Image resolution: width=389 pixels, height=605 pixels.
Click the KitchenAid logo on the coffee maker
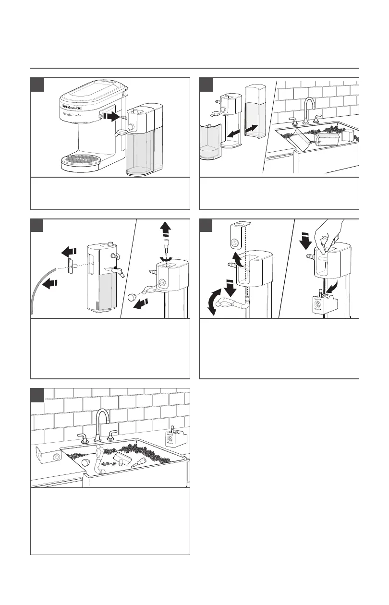click(73, 107)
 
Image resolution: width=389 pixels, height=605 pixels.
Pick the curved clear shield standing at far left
click(209, 144)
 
